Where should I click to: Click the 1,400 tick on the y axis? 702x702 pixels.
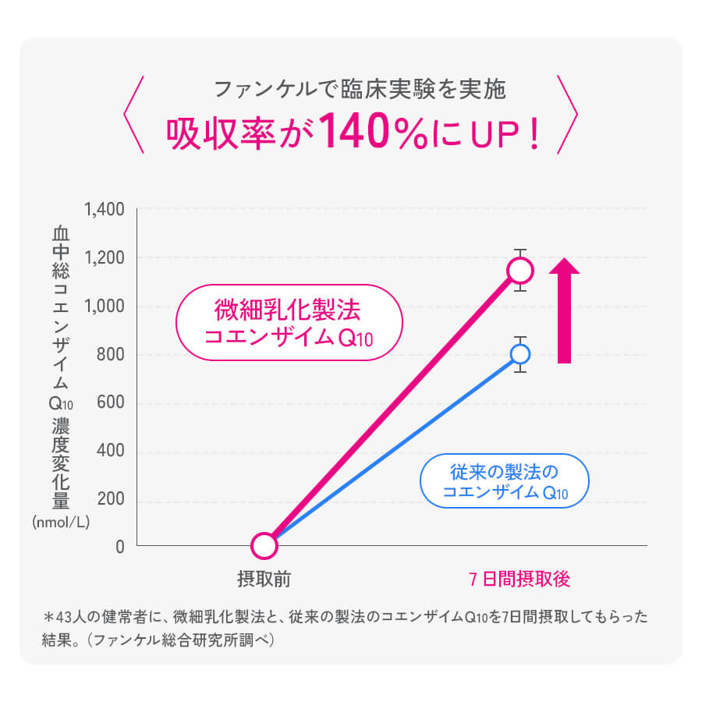pos(104,210)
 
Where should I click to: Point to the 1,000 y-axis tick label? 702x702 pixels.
pos(104,307)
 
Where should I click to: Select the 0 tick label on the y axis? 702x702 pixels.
pos(119,548)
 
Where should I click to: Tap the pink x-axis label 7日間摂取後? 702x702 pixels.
pos(520,580)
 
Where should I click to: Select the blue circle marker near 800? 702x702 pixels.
pos(520,354)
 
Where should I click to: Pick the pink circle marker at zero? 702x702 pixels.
pos(264,545)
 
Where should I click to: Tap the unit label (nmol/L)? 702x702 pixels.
pos(62,523)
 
